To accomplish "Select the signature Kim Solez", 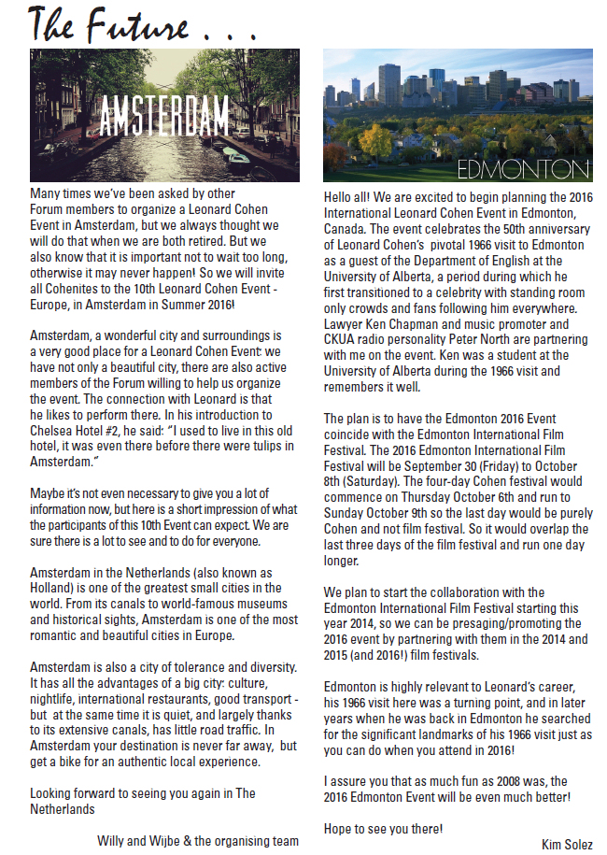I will click(x=566, y=844).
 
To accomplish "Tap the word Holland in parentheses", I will click(x=54, y=587).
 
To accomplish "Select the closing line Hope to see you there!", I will click(x=384, y=828).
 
